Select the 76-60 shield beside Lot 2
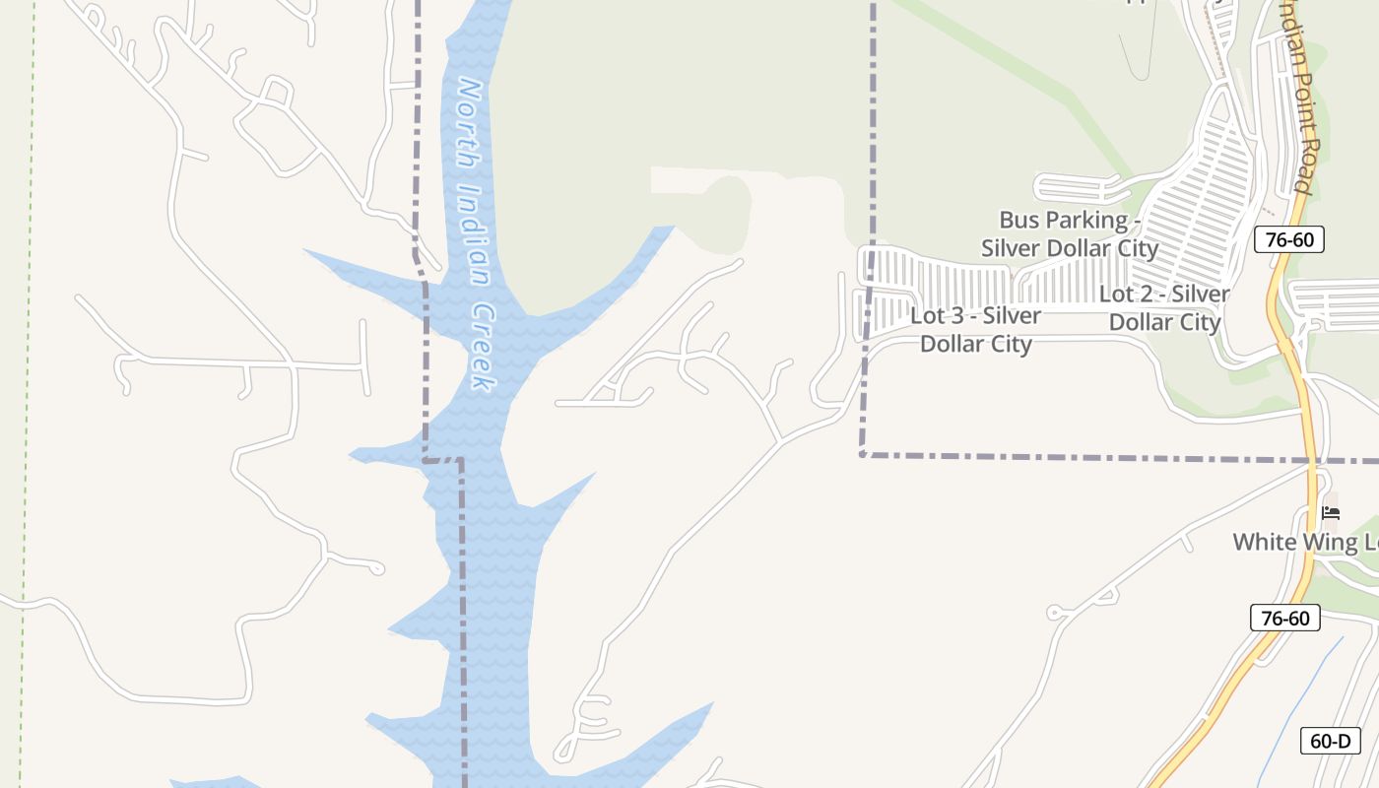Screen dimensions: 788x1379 pyautogui.click(x=1288, y=239)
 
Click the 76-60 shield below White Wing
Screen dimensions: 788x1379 pyautogui.click(x=1284, y=619)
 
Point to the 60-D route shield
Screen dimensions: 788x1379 pyautogui.click(x=1330, y=741)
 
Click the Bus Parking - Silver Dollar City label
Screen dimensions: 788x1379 pyautogui.click(x=1070, y=233)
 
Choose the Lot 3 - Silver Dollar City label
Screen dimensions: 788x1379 pyautogui.click(x=976, y=330)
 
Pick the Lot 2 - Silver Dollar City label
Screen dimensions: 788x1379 pyautogui.click(x=1164, y=307)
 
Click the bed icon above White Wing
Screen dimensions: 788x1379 pyautogui.click(x=1331, y=512)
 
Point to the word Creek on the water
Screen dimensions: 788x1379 pyautogui.click(x=482, y=345)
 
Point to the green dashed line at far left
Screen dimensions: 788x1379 pyautogui.click(x=26, y=394)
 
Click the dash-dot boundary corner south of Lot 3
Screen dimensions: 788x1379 pyautogui.click(x=862, y=454)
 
